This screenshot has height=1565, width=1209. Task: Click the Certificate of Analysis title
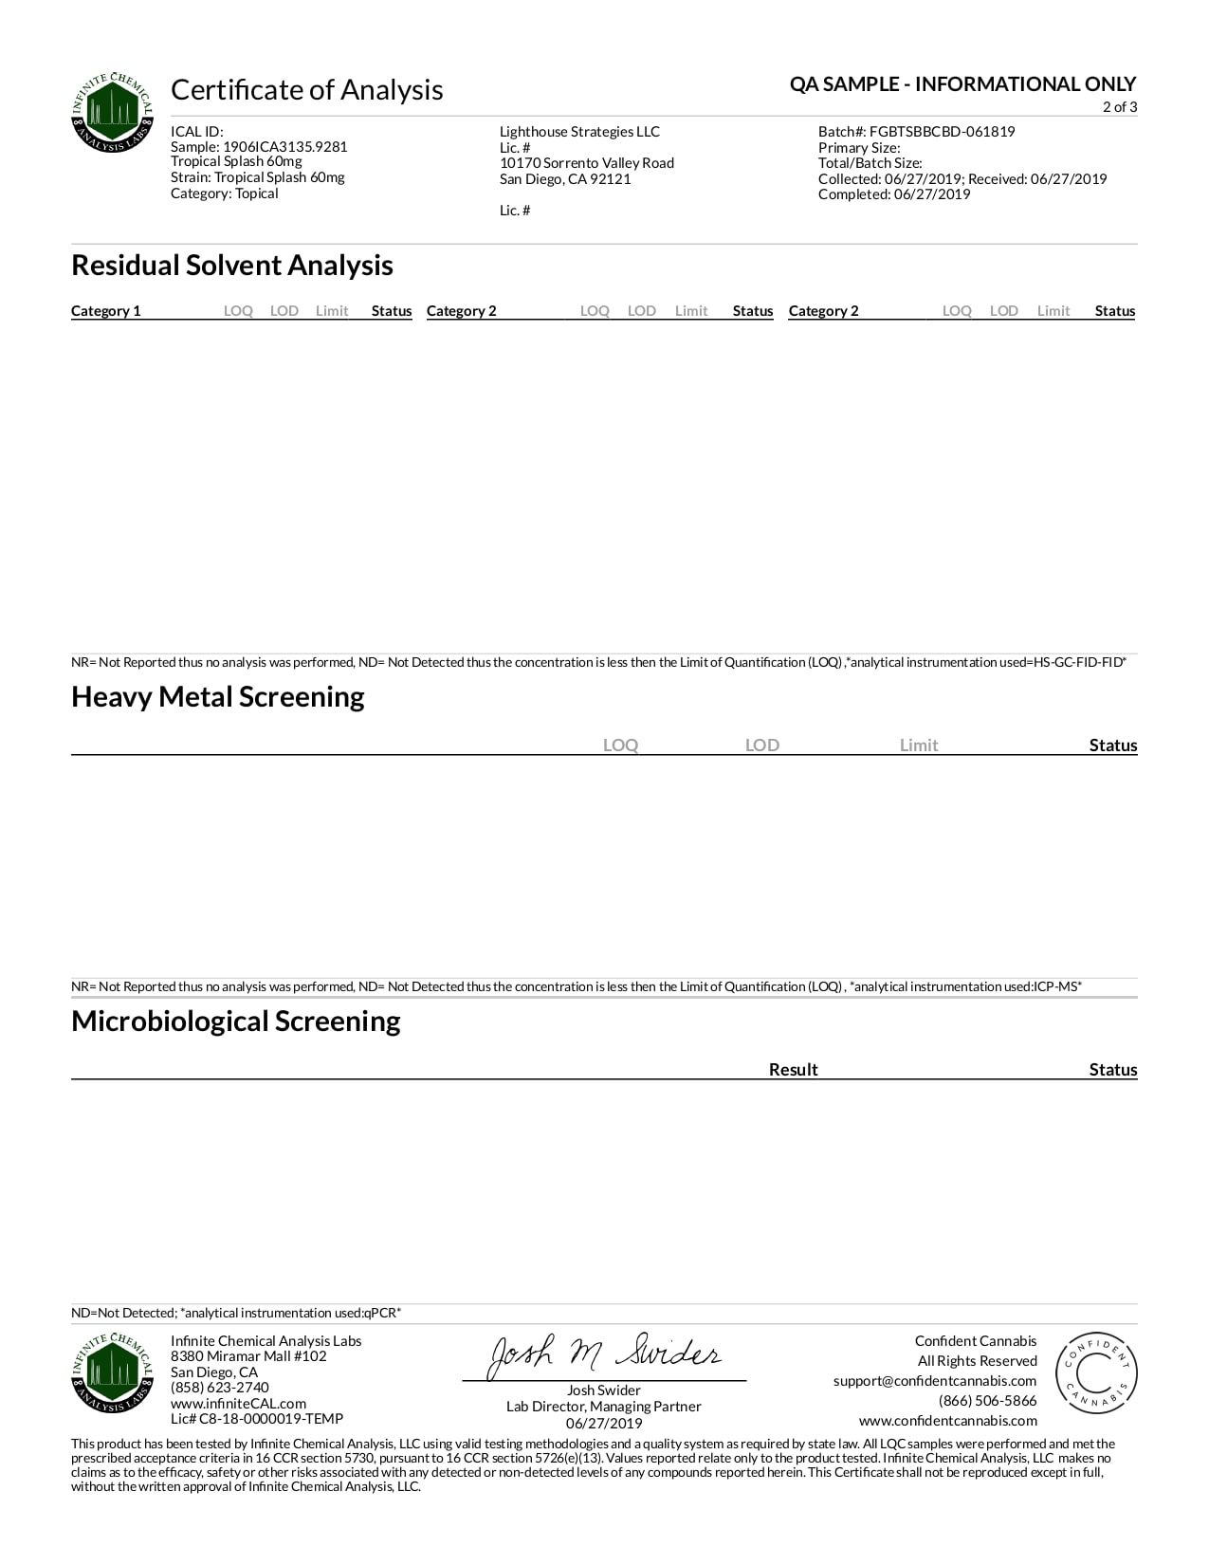click(x=306, y=89)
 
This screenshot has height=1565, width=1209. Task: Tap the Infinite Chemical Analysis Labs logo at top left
click(x=112, y=113)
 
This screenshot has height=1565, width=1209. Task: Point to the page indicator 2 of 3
click(x=1119, y=107)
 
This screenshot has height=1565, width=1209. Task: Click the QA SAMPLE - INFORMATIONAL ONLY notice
click(x=962, y=84)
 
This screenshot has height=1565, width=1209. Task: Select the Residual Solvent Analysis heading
click(x=232, y=266)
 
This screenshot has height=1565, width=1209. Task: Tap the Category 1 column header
click(x=106, y=311)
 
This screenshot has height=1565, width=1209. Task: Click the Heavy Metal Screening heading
click(x=218, y=697)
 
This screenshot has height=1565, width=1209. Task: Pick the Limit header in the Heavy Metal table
click(x=918, y=746)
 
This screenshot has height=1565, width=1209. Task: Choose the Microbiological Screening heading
click(x=236, y=1022)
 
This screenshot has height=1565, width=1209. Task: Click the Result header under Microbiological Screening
click(x=793, y=1070)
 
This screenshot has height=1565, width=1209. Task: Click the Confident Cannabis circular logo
click(x=1096, y=1372)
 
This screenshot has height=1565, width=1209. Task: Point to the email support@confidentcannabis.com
click(x=935, y=1381)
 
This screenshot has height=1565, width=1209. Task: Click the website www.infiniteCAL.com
click(x=238, y=1404)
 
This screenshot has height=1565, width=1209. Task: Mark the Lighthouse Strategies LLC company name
click(x=579, y=132)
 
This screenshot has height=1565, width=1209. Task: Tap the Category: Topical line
click(x=225, y=193)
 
